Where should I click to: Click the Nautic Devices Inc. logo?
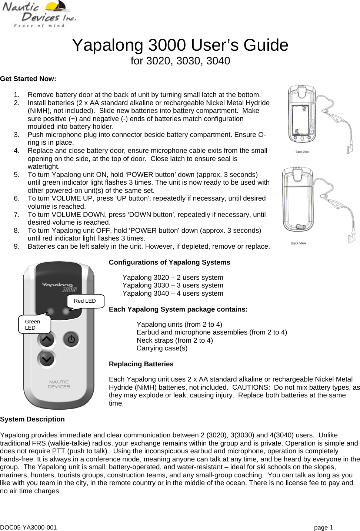(x=39, y=14)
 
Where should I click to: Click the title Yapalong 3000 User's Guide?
(x=180, y=45)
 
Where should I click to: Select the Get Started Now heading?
(x=28, y=79)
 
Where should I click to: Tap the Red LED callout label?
(x=85, y=301)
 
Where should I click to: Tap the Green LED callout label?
(x=33, y=325)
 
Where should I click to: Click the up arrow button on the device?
(x=47, y=339)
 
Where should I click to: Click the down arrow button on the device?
(x=47, y=359)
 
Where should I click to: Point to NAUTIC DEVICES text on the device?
(x=59, y=384)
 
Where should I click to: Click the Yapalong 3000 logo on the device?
(x=59, y=287)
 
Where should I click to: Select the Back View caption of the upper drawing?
(x=302, y=152)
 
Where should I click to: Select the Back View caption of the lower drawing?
(x=299, y=243)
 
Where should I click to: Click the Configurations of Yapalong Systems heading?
(x=169, y=262)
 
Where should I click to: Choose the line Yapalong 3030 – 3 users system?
(x=173, y=285)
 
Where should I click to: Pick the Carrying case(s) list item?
(x=162, y=348)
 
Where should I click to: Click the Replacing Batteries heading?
(x=141, y=364)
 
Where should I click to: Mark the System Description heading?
(x=33, y=419)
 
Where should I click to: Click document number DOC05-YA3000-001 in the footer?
(x=29, y=527)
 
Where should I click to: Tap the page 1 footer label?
(x=323, y=527)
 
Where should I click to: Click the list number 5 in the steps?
(x=17, y=175)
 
